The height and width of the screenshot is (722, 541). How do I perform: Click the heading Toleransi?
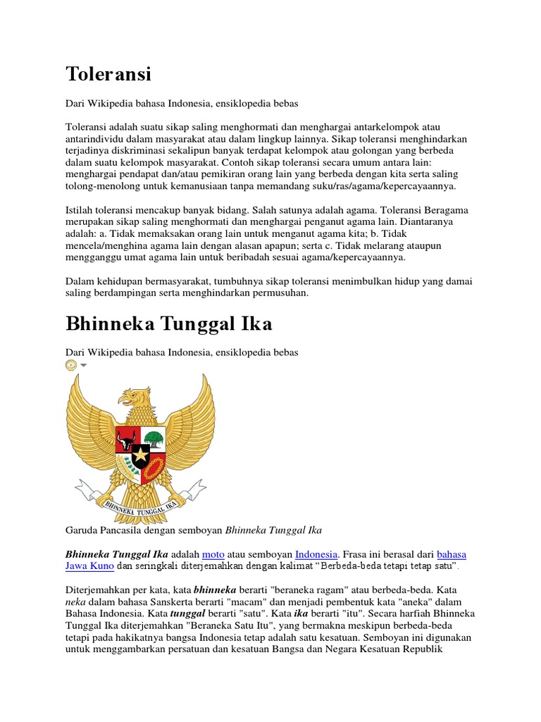108,73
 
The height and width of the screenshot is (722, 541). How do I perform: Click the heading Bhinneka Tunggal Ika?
169,324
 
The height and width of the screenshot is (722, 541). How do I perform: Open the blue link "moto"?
213,553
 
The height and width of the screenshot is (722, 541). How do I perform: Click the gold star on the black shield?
141,455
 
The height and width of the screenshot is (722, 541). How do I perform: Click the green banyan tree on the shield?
154,440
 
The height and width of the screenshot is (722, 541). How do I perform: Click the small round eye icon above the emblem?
70,365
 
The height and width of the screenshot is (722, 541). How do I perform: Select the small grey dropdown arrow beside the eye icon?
83,365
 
